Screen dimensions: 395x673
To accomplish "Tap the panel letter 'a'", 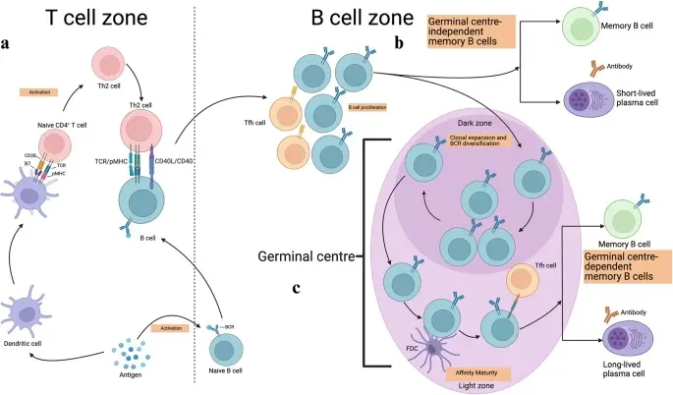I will point(8,43).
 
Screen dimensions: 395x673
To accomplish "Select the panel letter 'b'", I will point(400,43).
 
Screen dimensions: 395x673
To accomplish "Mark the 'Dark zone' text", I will point(475,121).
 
